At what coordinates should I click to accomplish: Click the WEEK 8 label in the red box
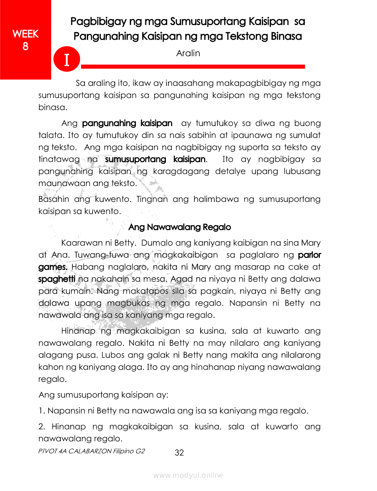click(26, 40)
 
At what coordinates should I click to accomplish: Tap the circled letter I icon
click(67, 60)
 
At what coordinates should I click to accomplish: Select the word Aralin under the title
click(188, 53)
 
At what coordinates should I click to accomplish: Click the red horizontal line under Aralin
click(192, 67)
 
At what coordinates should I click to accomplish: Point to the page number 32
click(179, 453)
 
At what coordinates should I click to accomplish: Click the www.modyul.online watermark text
click(188, 475)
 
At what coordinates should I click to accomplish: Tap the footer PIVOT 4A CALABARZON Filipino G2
click(92, 450)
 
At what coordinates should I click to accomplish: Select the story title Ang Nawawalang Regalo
click(180, 227)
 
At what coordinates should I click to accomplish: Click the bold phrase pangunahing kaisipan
click(127, 123)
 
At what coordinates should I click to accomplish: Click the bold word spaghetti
click(57, 279)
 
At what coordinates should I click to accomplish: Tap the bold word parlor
click(309, 254)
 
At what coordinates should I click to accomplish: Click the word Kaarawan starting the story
click(78, 243)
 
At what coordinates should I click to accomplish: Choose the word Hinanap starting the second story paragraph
click(76, 331)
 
